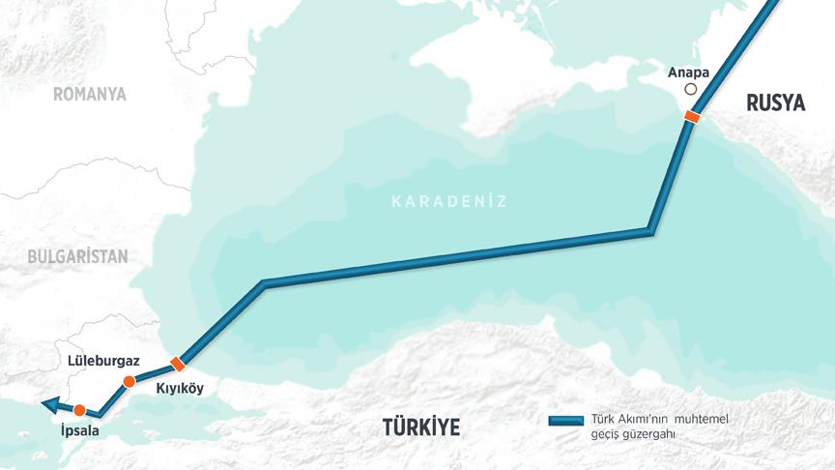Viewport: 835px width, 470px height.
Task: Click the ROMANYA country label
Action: [90, 94]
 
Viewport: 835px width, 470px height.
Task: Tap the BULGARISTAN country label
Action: [77, 256]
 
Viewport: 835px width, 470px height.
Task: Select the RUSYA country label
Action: [776, 103]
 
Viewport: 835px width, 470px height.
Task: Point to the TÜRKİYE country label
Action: [420, 426]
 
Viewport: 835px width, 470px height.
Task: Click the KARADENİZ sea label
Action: [448, 201]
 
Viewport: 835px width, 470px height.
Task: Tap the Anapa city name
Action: [687, 72]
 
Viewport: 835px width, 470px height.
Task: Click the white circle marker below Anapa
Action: [690, 89]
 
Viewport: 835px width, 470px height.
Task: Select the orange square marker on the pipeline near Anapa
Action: [691, 117]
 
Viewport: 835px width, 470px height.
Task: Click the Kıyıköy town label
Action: [181, 389]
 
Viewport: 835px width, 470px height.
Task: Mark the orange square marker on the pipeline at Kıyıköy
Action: [176, 364]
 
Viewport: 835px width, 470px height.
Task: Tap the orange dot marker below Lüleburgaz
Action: [129, 382]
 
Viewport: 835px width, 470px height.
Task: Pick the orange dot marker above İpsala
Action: [79, 410]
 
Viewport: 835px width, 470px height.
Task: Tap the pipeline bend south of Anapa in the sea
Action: [650, 231]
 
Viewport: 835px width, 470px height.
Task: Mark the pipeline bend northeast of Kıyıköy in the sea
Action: [263, 284]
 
